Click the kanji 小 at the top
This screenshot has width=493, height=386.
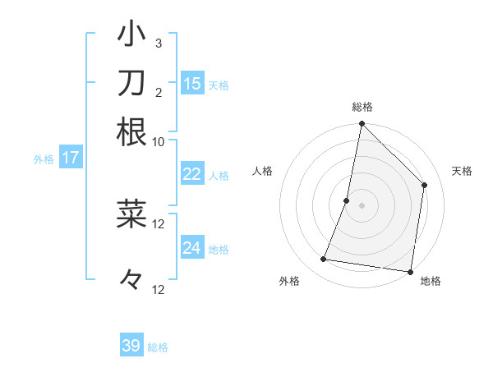[132, 35]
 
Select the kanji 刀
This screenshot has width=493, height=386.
[132, 83]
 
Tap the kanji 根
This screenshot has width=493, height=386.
[132, 131]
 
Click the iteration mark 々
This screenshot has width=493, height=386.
[131, 280]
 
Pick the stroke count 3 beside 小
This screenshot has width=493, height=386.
[158, 43]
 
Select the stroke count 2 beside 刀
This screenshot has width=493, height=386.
[158, 91]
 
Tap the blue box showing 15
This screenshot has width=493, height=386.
[191, 83]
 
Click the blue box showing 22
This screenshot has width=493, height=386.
[191, 174]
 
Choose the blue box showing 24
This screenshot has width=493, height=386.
[191, 248]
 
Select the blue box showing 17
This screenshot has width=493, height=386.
[70, 158]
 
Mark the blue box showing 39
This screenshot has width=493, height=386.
[131, 346]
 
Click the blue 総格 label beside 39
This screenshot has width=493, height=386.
[158, 347]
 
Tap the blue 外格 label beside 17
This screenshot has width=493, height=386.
[43, 159]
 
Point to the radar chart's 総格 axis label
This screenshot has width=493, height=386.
[362, 107]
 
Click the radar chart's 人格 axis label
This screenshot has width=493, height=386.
[263, 171]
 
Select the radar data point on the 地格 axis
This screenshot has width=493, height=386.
[410, 272]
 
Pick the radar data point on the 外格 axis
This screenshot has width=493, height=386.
[324, 260]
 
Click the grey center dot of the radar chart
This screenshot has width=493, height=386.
[362, 205]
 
